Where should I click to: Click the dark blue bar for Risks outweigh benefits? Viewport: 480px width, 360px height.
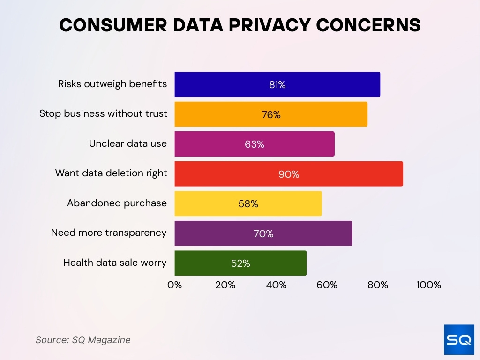pyautogui.click(x=277, y=84)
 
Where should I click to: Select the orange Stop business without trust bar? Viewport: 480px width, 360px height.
pyautogui.click(x=271, y=114)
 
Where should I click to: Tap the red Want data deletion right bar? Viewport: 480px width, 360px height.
pyautogui.click(x=288, y=174)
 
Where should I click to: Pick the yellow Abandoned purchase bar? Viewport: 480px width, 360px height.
pyautogui.click(x=248, y=203)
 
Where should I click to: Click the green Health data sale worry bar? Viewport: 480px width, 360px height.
pyautogui.click(x=240, y=263)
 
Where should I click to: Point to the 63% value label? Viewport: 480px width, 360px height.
pyautogui.click(x=255, y=144)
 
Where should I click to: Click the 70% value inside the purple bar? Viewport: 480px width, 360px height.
pyautogui.click(x=263, y=233)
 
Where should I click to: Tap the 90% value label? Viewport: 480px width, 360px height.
pyautogui.click(x=289, y=174)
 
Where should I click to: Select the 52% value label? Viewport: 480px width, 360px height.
pyautogui.click(x=240, y=263)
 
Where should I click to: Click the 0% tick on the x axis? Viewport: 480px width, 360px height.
pyautogui.click(x=174, y=285)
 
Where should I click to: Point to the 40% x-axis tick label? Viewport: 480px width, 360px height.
pyautogui.click(x=276, y=285)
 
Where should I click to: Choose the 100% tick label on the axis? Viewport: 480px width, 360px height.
pyautogui.click(x=428, y=285)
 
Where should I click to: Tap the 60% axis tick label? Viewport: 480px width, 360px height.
pyautogui.click(x=327, y=285)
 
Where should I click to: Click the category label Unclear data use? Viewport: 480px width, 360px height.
pyautogui.click(x=128, y=143)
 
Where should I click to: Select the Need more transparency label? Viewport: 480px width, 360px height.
pyautogui.click(x=109, y=232)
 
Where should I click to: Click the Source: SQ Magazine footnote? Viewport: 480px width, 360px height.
pyautogui.click(x=83, y=340)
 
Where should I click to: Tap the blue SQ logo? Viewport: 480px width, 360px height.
pyautogui.click(x=459, y=339)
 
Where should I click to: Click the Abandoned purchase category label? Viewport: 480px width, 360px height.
pyautogui.click(x=117, y=203)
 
